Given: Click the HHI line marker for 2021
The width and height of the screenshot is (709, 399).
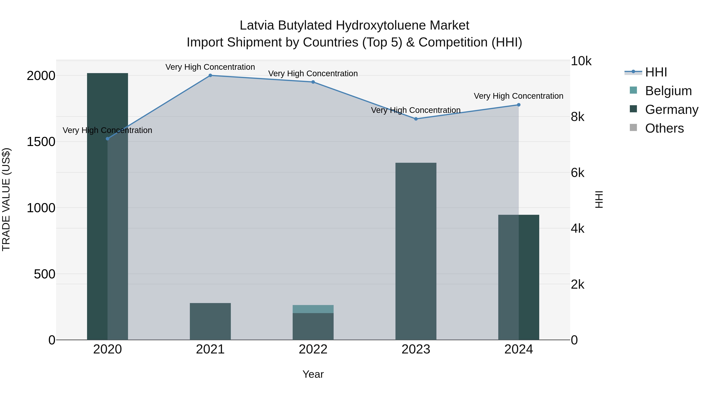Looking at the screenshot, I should (x=210, y=75).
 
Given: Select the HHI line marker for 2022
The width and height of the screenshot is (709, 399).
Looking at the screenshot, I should (x=313, y=82).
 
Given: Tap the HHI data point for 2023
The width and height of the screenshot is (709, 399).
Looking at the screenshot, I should (x=416, y=119).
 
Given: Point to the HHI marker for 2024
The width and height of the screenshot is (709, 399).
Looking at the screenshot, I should (x=519, y=105).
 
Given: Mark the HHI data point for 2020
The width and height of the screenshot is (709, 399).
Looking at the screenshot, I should (x=108, y=139).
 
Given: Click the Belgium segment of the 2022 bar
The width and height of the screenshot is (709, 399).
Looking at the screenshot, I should (x=313, y=309).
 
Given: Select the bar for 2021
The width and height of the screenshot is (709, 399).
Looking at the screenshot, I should (x=210, y=321).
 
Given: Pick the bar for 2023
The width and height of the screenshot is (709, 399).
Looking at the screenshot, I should (x=416, y=251).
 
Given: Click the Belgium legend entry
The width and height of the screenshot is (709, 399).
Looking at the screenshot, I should (x=668, y=91).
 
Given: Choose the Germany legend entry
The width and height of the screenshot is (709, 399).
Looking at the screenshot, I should (x=672, y=110).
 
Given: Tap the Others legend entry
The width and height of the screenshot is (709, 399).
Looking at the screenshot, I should (x=664, y=128).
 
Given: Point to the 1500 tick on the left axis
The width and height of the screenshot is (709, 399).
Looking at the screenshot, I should (x=41, y=142).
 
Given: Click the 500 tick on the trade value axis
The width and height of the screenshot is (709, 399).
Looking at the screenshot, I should (x=45, y=274).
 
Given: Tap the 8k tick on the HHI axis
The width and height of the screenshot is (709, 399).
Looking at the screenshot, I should (x=577, y=117).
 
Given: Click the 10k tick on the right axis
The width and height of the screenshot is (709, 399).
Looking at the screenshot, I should (x=581, y=61).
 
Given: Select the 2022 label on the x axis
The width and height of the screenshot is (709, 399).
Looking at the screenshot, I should (x=313, y=349).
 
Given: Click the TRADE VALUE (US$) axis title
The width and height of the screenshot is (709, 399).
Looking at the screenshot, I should (x=6, y=199).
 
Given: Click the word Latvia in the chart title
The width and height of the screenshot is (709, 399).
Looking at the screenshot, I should (x=257, y=25).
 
